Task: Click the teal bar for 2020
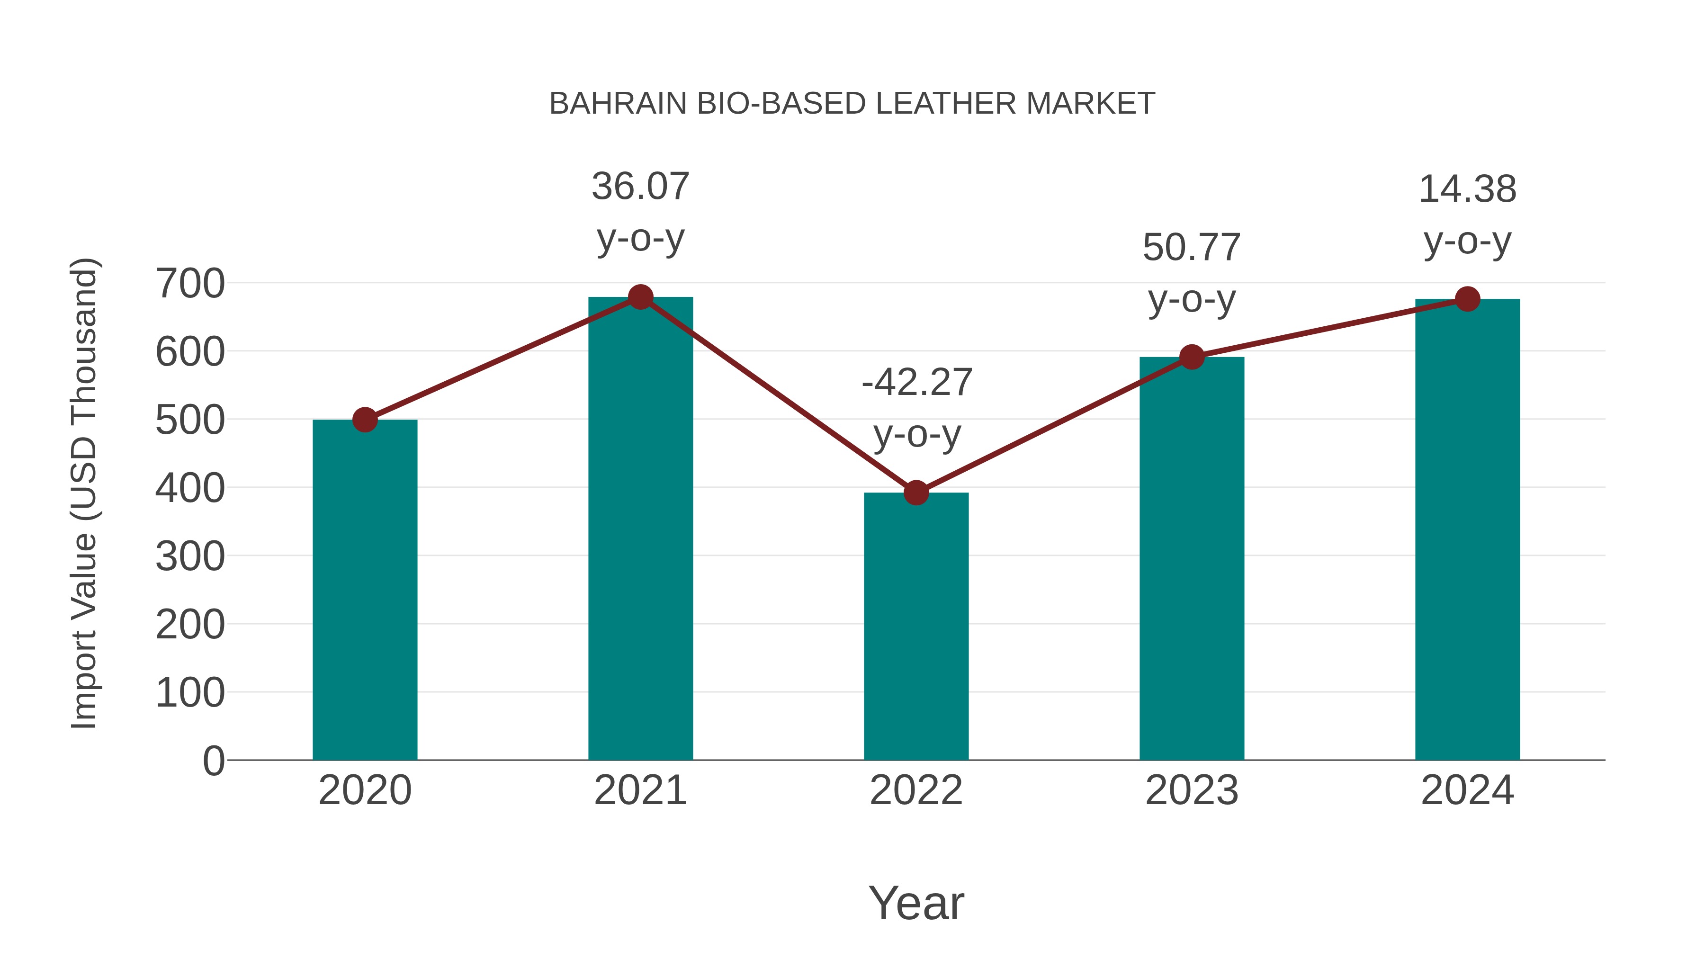click(365, 589)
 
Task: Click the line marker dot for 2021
click(640, 297)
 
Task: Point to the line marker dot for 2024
click(1467, 299)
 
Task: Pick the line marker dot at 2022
click(916, 493)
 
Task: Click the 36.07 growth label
click(640, 187)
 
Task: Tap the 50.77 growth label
click(1192, 248)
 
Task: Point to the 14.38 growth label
click(1467, 189)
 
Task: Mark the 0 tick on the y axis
click(214, 761)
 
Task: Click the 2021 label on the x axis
click(640, 790)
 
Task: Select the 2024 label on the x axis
click(1467, 790)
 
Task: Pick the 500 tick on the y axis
click(190, 420)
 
